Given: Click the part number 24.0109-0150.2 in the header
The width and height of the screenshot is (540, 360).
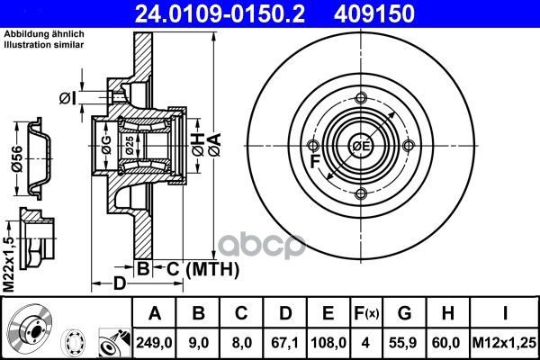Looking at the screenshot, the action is (220, 13).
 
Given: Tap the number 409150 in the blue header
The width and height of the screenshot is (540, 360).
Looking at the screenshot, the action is (374, 13).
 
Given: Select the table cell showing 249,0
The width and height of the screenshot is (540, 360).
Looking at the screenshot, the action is (154, 342).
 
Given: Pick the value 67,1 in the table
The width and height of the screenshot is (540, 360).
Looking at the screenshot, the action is (285, 342).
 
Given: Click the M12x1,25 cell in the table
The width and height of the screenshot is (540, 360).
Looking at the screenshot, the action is (505, 342).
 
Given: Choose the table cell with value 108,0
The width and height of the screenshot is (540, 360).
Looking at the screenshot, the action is (328, 342).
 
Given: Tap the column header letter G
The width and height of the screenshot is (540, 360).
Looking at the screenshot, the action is (404, 313).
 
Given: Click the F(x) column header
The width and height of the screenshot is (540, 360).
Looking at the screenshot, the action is (366, 313).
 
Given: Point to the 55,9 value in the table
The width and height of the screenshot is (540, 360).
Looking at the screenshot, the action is (404, 342).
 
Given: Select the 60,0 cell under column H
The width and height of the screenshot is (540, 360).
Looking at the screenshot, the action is (447, 342).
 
